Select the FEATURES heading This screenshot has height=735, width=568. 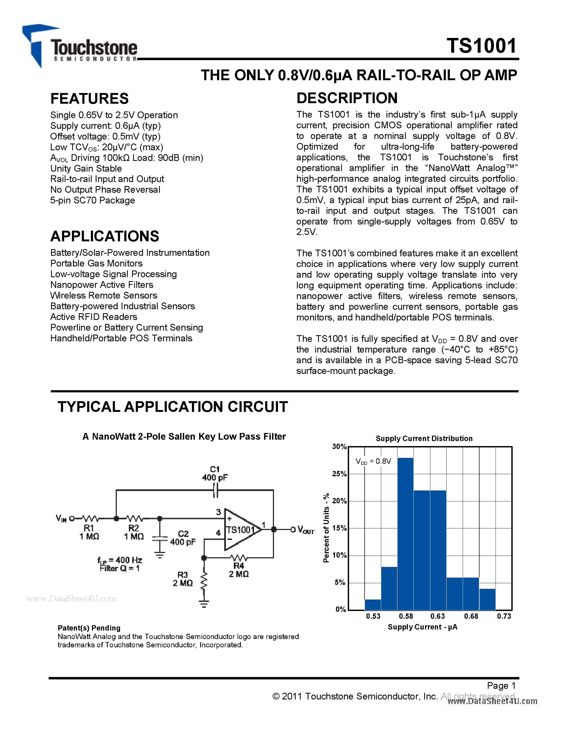tap(90, 99)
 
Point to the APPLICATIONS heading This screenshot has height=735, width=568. tap(105, 236)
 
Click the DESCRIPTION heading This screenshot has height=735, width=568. tap(347, 98)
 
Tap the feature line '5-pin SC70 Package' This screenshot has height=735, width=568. tap(92, 200)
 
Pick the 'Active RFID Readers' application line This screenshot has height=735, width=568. tap(94, 317)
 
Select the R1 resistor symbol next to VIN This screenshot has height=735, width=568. tap(90, 519)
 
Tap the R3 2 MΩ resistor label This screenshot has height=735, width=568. tap(183, 579)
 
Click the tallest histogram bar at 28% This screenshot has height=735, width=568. tap(405, 534)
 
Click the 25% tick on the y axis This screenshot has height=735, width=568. tap(339, 474)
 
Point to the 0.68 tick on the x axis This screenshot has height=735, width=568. tap(471, 616)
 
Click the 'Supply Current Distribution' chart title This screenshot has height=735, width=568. tap(424, 439)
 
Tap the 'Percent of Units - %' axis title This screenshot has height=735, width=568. tap(326, 528)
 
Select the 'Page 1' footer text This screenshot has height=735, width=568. tap(501, 686)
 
